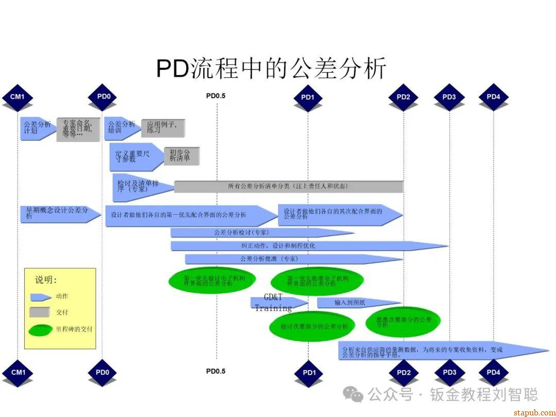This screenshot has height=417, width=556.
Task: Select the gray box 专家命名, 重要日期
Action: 78,129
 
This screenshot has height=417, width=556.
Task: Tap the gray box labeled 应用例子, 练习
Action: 162,127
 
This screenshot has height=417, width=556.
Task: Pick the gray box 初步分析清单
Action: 181,155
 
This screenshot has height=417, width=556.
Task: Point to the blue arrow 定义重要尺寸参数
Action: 134,157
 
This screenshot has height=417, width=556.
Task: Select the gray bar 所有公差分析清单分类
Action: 288,186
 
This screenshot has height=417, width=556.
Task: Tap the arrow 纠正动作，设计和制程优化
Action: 309,246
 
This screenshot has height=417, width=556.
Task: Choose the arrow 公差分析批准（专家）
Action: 293,259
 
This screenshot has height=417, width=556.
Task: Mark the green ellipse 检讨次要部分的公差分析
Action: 314,326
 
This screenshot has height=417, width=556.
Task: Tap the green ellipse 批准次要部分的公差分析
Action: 403,322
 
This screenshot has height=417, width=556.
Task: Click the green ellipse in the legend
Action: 41,329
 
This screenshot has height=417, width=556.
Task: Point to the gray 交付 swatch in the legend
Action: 40,312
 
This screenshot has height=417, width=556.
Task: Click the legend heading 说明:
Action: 46,281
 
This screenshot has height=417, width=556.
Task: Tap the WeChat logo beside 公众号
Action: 354,395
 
